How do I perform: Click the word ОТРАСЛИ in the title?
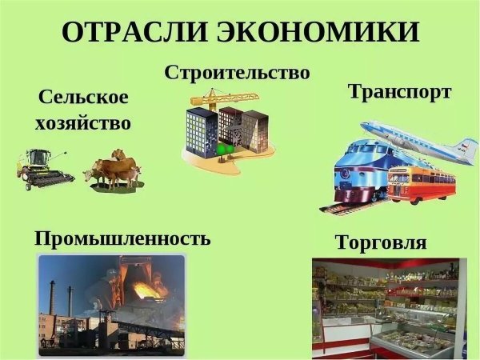click(x=133, y=34)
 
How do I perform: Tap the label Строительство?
click(x=237, y=73)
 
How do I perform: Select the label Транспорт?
click(x=399, y=92)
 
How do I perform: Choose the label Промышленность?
click(x=122, y=238)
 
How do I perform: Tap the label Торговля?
click(x=381, y=242)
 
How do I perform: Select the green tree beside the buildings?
click(x=222, y=149)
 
